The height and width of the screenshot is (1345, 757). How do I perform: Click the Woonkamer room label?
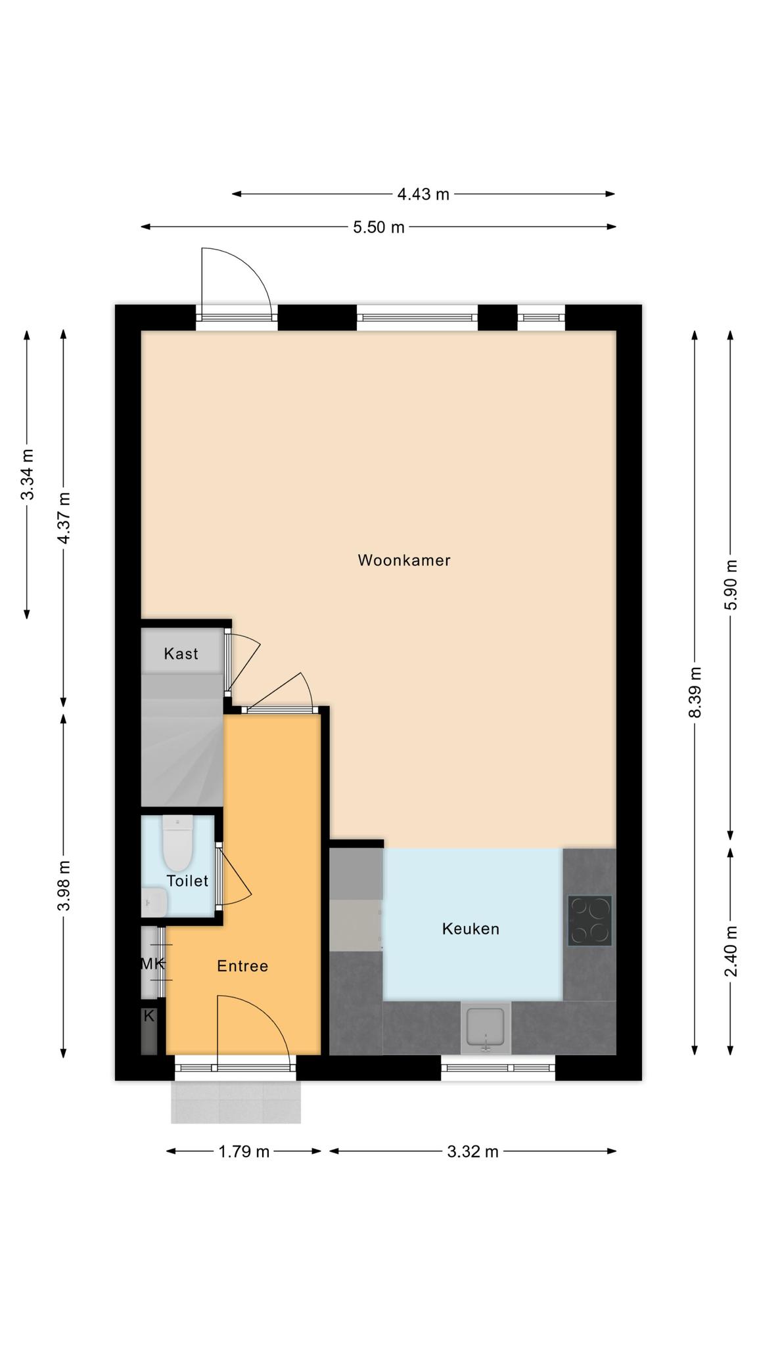(x=403, y=560)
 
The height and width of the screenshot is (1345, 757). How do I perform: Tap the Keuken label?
(x=470, y=929)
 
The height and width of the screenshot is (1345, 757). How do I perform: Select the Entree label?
(x=242, y=966)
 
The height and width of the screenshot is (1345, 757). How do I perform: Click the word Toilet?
(x=187, y=881)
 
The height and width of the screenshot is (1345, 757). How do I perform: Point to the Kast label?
(x=181, y=653)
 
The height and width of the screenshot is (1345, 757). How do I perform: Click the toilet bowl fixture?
(x=177, y=843)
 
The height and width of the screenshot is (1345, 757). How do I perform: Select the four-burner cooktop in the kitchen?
(x=590, y=920)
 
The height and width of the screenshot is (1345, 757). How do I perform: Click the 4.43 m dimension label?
(x=423, y=194)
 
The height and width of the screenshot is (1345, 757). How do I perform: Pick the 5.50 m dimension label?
(x=379, y=227)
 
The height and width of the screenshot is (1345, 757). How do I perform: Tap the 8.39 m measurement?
(x=695, y=693)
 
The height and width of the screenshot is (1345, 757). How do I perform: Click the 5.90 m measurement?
(x=731, y=584)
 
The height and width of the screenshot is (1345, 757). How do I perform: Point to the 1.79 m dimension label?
(x=244, y=1151)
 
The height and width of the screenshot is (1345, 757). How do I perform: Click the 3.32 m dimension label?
(x=472, y=1151)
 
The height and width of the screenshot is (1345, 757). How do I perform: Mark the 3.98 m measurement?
(x=64, y=885)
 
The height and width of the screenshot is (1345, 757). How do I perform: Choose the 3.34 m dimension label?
(x=27, y=474)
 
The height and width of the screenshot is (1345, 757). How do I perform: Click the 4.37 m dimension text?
(x=64, y=518)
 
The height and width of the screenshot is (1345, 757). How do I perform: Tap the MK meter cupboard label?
(x=152, y=964)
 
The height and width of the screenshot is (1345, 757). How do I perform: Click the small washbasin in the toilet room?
(x=154, y=902)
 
